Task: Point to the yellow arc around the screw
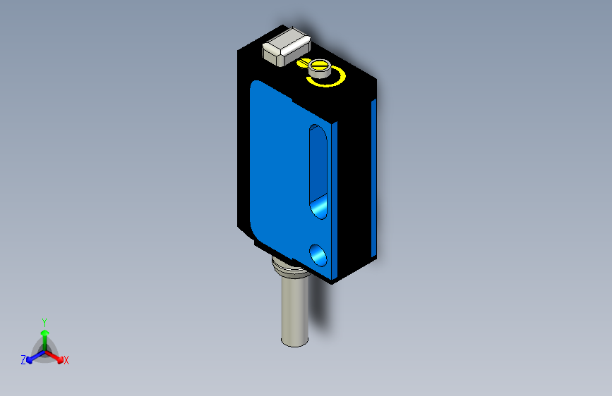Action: (329, 82)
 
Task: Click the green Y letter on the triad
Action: (44, 321)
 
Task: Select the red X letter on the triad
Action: (66, 361)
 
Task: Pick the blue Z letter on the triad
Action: (23, 360)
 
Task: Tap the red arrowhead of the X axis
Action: (59, 357)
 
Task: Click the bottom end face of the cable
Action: (295, 342)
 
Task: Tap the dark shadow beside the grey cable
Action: (321, 310)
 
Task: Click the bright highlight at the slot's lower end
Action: (320, 207)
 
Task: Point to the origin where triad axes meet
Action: (44, 350)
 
